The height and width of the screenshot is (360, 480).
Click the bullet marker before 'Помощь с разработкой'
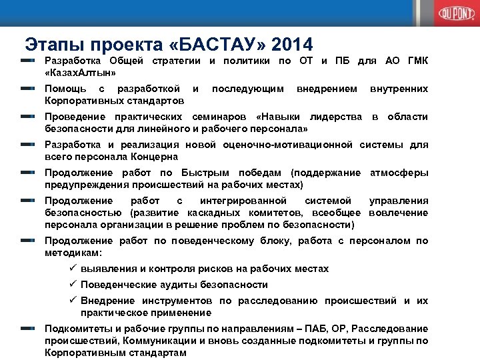[x=28, y=88]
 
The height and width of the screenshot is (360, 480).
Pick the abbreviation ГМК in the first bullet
[x=415, y=61]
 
